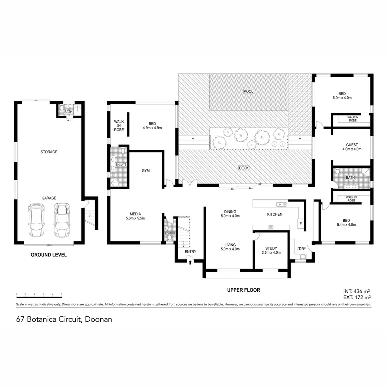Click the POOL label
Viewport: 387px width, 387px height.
[x=248, y=91]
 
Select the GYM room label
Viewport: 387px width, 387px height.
[x=145, y=171]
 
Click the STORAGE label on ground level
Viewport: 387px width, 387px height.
[x=49, y=152]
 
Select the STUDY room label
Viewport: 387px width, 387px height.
[x=271, y=248]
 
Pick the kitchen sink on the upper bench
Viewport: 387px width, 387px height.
[x=281, y=204]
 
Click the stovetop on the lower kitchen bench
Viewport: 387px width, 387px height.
[x=271, y=227]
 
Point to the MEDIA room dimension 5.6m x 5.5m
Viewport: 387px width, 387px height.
[x=135, y=218]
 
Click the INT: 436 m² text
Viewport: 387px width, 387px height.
[x=356, y=291]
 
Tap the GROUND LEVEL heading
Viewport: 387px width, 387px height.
[x=49, y=255]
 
